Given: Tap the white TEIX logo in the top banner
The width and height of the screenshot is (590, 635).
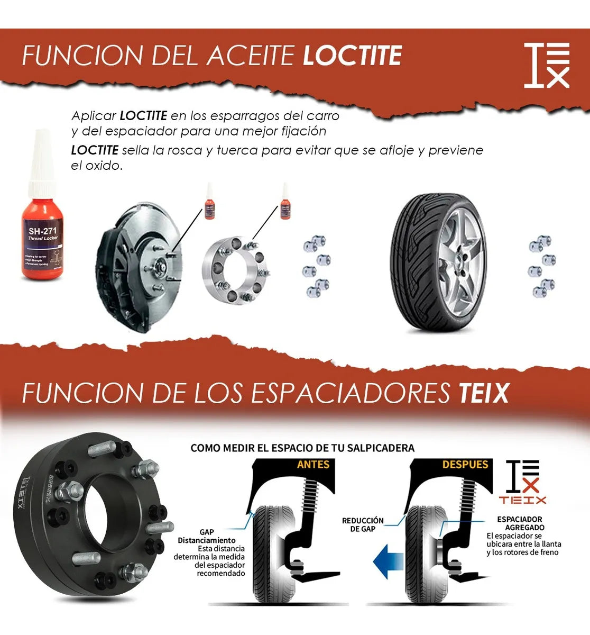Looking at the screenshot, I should pos(547,65).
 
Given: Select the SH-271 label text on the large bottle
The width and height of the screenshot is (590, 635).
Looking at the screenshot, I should pos(42,231).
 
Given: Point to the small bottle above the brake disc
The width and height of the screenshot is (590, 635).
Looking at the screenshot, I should pos(210,203).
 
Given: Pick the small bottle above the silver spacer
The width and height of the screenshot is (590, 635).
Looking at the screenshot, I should pos(285,203).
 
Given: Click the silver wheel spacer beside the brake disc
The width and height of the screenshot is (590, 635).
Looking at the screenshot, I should pos(236,271).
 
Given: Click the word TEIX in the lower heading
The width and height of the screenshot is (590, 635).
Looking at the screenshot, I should pos(483,393).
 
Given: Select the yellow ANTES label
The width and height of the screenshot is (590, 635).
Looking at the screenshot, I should pos(313,465).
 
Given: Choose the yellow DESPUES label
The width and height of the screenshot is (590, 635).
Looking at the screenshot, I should pos(465,465).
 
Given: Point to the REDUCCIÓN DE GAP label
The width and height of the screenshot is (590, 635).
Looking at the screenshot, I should pos(363,525).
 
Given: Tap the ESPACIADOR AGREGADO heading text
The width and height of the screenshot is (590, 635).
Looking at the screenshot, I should pos(520,523).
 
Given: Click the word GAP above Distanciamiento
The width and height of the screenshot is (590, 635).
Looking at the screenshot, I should pos(207,532).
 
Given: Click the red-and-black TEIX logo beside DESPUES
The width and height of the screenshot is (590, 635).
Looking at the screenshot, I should pos(523,482).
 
